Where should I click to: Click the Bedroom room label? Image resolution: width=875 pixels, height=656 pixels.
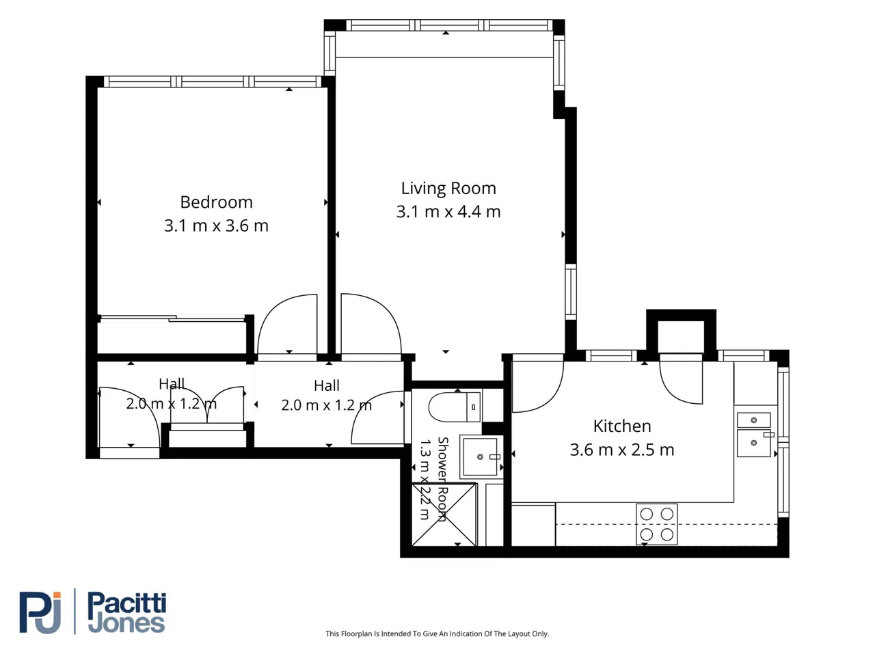coord(216,202)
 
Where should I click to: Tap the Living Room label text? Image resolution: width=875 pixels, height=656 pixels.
coord(448,189)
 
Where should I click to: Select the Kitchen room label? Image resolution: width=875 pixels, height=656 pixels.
coord(622,426)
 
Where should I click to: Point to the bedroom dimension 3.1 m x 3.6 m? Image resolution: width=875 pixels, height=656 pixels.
coord(216,225)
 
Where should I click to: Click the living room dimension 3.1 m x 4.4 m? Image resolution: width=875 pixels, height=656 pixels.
coord(448,212)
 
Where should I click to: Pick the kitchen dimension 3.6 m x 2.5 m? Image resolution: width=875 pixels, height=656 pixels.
coord(622,450)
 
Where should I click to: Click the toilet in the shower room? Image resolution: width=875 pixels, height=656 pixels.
coord(455,407)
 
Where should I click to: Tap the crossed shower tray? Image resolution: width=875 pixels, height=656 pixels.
coord(444,515)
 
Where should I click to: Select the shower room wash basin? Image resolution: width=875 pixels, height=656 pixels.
coord(481,456)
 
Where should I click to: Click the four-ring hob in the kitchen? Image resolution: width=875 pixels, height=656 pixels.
coord(656,524)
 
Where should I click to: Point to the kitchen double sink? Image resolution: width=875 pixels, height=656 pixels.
coord(754,434)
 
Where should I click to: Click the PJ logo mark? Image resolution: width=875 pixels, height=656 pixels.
coord(40,612)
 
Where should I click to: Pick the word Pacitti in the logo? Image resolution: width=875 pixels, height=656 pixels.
coord(126,603)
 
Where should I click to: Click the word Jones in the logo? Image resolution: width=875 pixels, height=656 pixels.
coord(126,624)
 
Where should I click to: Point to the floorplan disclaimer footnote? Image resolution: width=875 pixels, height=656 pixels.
coord(437,633)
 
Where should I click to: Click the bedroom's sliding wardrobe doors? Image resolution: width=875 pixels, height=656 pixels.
coord(172,318)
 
